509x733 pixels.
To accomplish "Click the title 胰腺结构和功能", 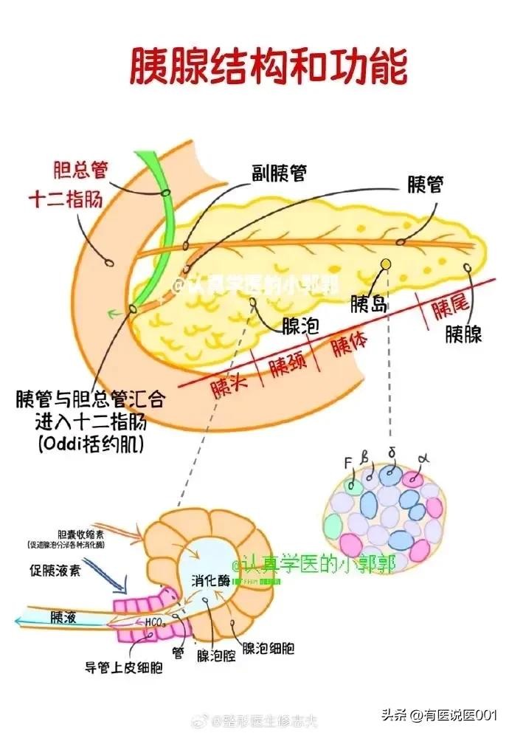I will pos(269,67).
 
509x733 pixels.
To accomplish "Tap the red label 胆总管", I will pos(80,169).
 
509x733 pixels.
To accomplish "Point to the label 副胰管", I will pos(280,172).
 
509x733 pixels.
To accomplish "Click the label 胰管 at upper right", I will pos(425,185).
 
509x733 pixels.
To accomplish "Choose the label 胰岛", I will pos(370,303).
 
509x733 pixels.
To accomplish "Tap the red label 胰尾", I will pos(449,309).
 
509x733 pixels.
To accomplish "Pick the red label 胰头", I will pos(229,387).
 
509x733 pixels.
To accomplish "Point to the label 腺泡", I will pos(300,325).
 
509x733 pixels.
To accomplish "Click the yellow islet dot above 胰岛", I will pos(385,264).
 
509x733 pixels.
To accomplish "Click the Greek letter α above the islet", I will pos(423,459).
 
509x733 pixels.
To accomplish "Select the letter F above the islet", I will pos(348,464).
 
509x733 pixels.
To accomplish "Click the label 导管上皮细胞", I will pos(123,668).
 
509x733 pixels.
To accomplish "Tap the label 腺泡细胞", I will pos(269,649).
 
